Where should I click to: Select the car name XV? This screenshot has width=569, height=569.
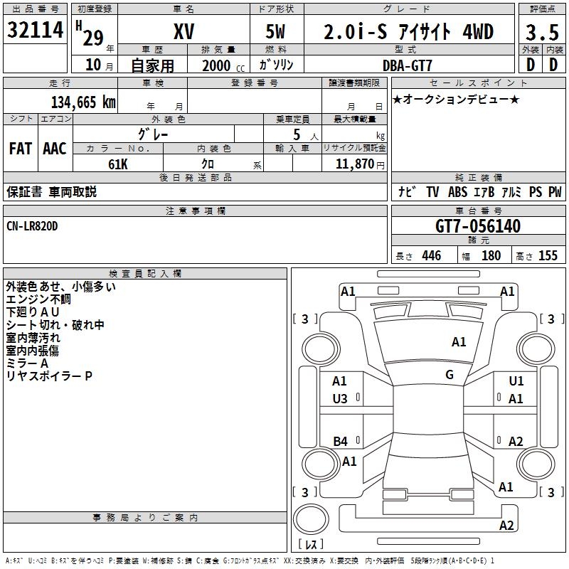click(x=184, y=32)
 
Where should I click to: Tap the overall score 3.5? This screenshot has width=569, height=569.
click(x=541, y=33)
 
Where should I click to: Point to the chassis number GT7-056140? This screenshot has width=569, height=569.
click(x=478, y=227)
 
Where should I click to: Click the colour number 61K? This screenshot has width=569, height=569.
click(x=117, y=163)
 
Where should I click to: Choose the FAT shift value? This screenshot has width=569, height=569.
click(x=21, y=149)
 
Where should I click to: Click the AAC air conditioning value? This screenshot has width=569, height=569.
click(x=55, y=149)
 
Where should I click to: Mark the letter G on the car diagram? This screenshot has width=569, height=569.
click(x=450, y=375)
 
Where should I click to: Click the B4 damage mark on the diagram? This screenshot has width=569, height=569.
click(x=341, y=442)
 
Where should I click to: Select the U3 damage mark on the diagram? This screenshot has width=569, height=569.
click(x=341, y=399)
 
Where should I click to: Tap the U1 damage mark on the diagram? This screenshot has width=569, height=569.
click(x=516, y=382)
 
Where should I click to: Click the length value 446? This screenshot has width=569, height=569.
click(x=431, y=256)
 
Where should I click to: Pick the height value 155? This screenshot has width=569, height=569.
click(x=547, y=256)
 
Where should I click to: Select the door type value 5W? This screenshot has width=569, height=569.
click(x=277, y=33)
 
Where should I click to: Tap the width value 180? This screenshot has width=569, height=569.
click(x=491, y=256)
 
